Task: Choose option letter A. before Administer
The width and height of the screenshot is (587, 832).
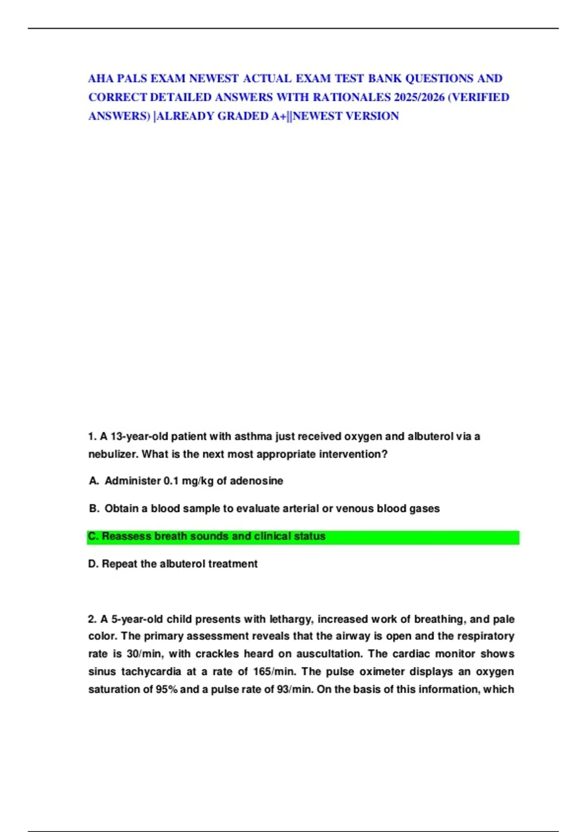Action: point(94,481)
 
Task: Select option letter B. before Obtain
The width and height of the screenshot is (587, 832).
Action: point(94,508)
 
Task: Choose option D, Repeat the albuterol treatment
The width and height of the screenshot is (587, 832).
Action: point(173,564)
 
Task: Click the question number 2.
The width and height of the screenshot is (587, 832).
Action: point(92,619)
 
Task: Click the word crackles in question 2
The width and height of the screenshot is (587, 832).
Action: point(218,654)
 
